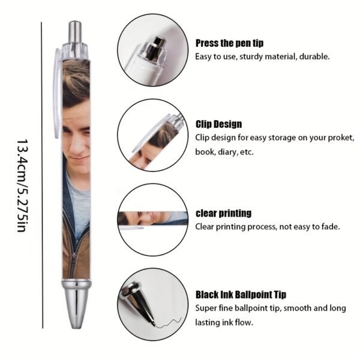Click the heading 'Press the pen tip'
229,43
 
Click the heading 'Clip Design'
218,124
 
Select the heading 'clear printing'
223,213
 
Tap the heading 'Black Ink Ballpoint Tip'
241,295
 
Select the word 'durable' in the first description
316,57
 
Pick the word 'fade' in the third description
331,227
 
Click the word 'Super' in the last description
207,308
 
